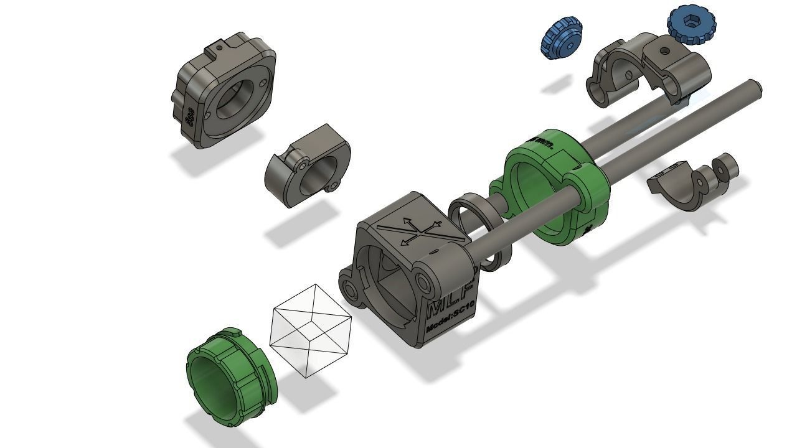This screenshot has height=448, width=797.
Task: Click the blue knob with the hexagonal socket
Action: tap(691, 26)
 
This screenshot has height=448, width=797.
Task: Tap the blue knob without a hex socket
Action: tap(561, 37)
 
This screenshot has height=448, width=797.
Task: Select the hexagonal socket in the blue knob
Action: tap(691, 22)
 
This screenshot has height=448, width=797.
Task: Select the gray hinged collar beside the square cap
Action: tap(307, 166)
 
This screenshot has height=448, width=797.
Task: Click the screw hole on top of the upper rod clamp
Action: tap(664, 51)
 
